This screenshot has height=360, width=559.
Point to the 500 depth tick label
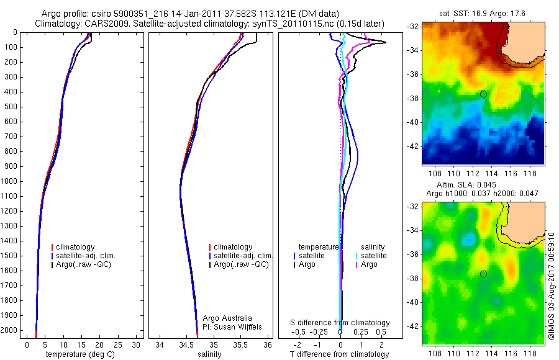(x=11, y=107)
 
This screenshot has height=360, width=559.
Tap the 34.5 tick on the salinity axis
(x=186, y=344)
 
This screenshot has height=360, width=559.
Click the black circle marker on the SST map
(x=483, y=94)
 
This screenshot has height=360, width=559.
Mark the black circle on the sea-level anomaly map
(x=483, y=274)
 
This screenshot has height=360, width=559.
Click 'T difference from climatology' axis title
(x=341, y=354)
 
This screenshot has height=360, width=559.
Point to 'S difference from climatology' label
(x=340, y=323)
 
